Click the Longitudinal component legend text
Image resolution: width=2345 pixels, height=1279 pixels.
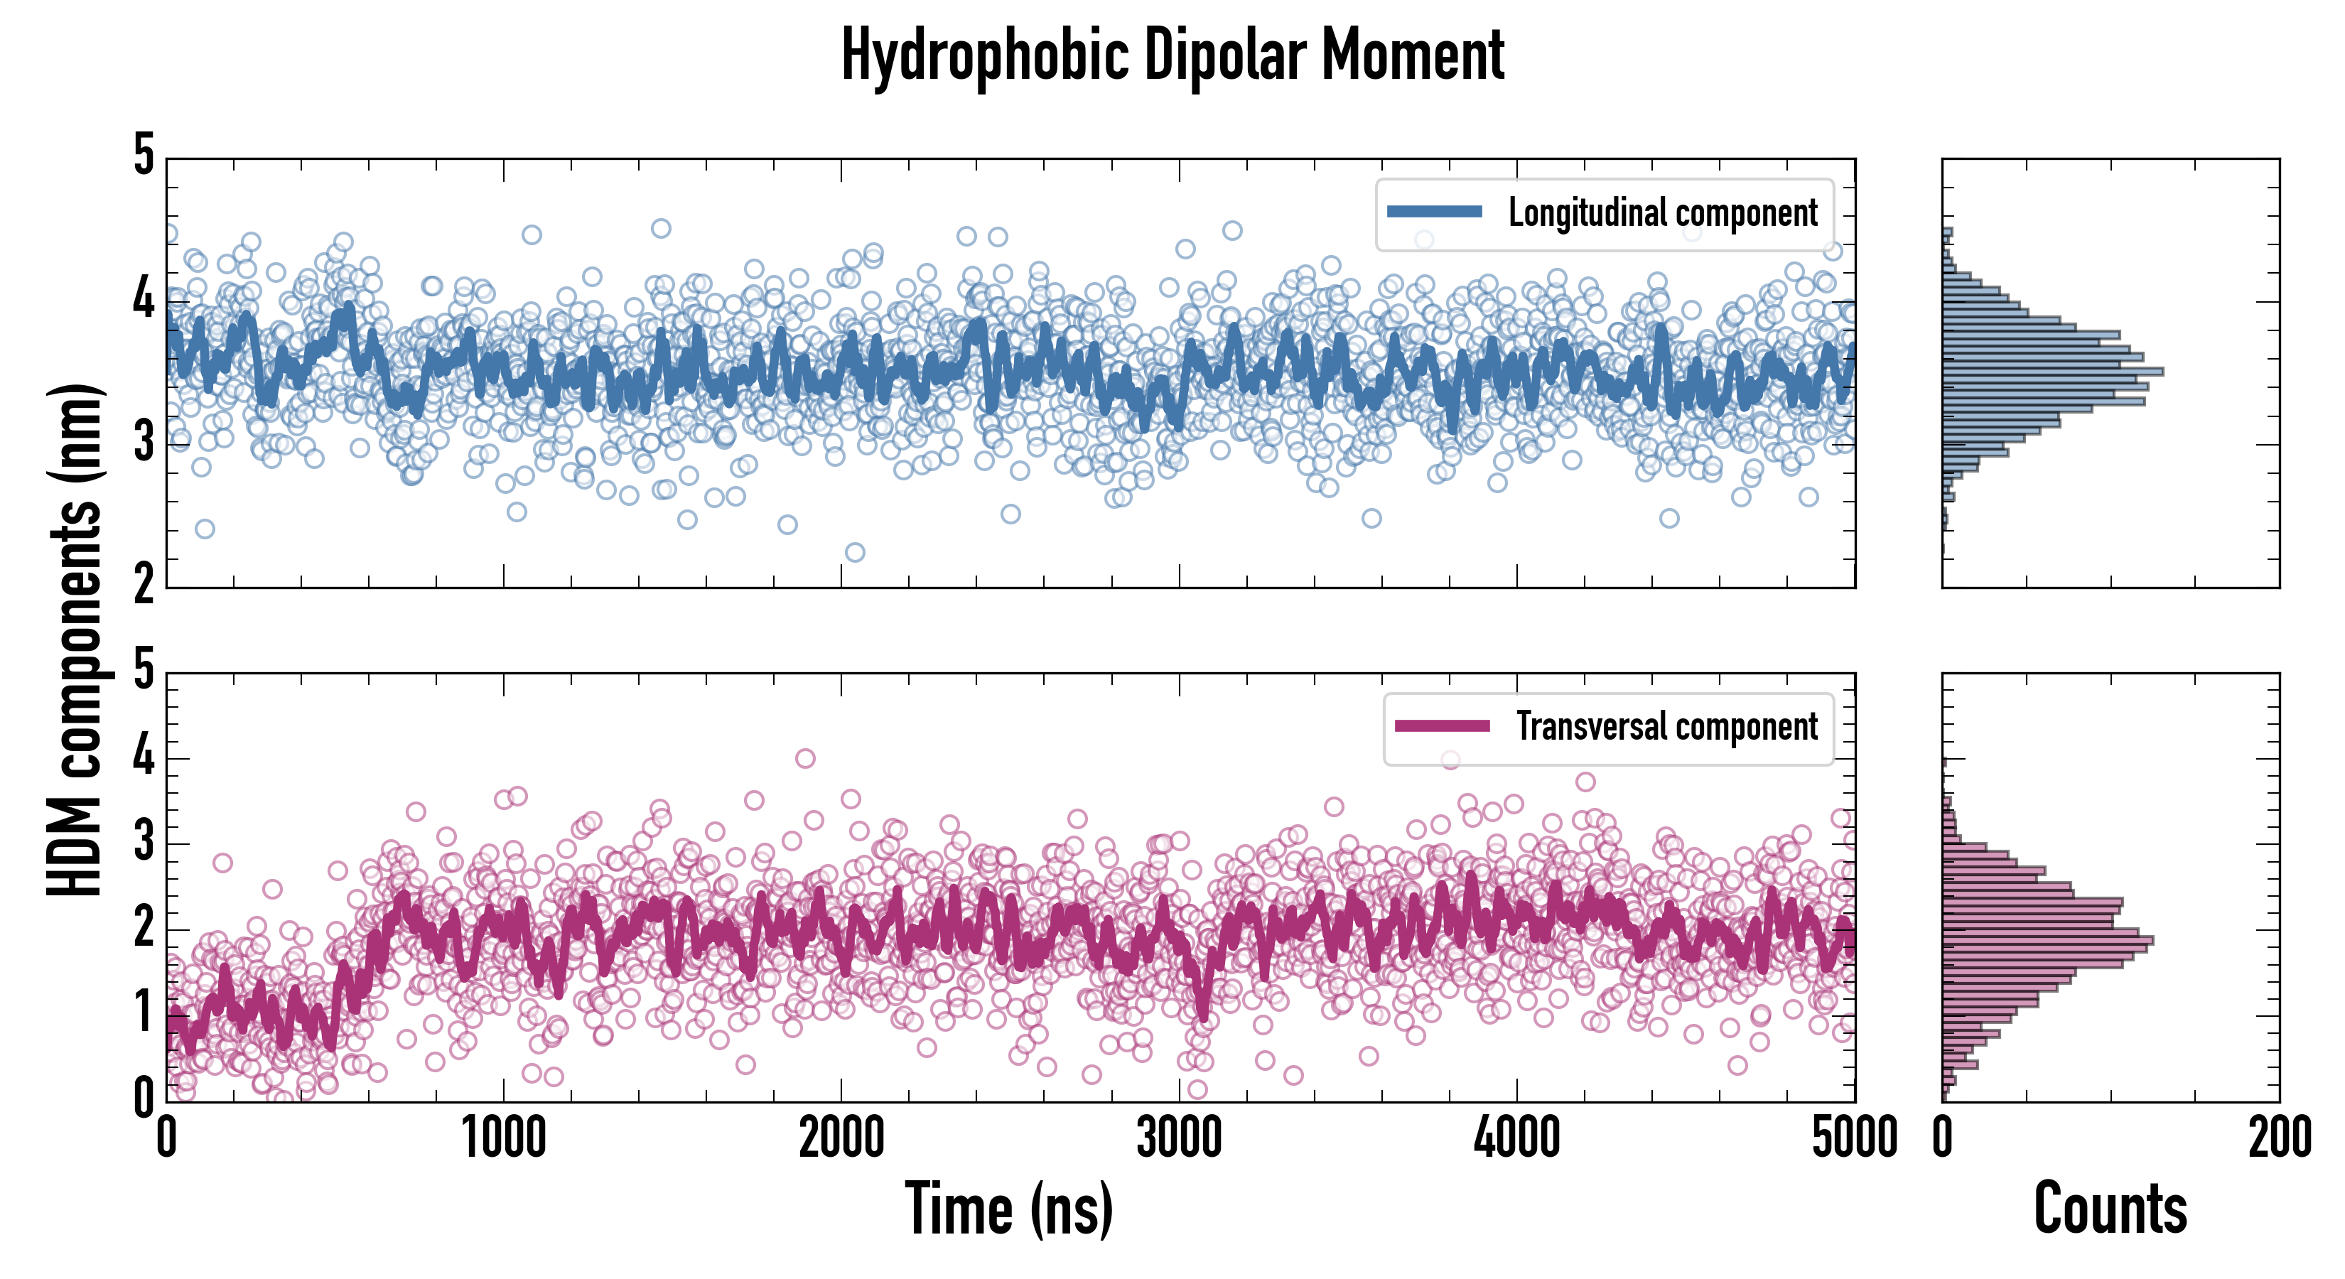pos(1662,213)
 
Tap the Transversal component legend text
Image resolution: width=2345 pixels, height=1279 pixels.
pos(1666,726)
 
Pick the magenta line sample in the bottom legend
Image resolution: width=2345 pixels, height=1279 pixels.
pos(1442,725)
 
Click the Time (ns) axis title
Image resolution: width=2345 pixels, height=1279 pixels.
pos(1008,1209)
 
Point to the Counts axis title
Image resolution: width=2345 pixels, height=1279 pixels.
pos(2110,1209)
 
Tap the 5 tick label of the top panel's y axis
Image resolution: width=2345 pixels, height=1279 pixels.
pos(144,156)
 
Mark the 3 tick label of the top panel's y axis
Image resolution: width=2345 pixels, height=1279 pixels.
pos(144,443)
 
